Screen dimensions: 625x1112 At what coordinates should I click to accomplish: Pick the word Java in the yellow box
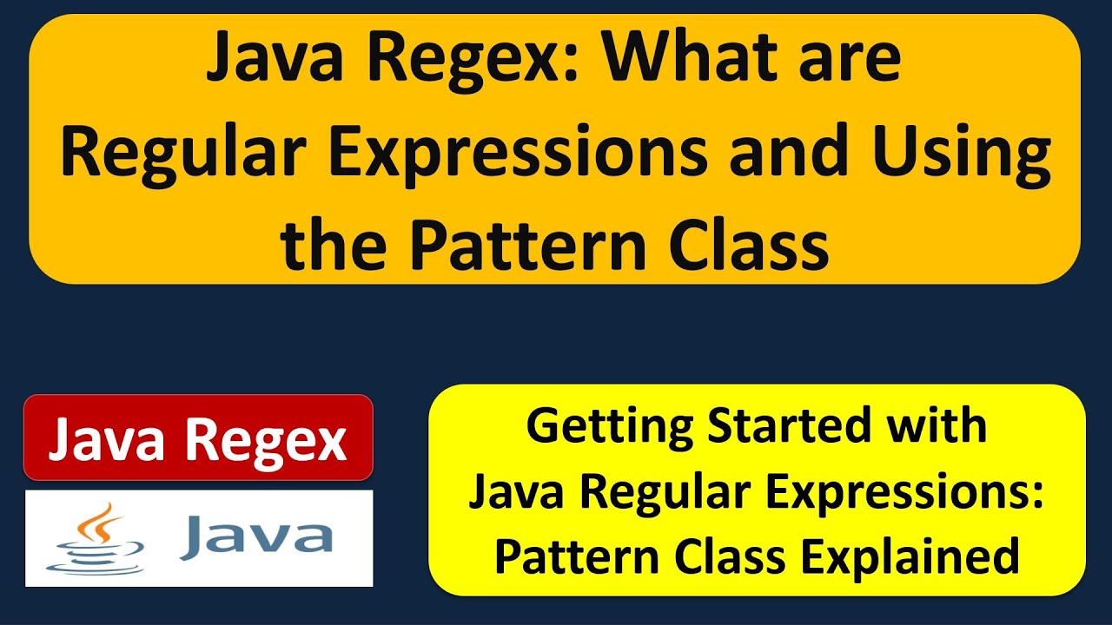coord(517,492)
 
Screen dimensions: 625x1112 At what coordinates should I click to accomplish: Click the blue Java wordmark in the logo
coord(256,536)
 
